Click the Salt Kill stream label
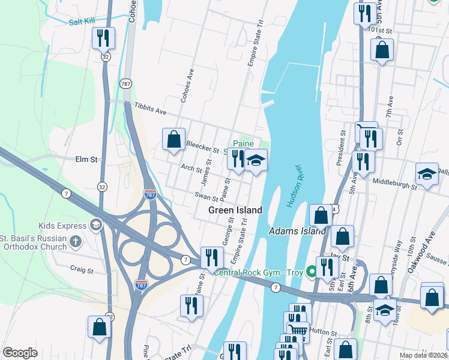(82, 21)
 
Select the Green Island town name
(235, 210)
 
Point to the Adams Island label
(297, 231)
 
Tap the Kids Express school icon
(95, 224)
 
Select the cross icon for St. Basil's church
(75, 241)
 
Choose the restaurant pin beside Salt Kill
(103, 39)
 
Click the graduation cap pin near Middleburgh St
(427, 174)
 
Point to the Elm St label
(86, 160)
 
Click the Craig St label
(82, 270)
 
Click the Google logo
(20, 353)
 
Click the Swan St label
(206, 196)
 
